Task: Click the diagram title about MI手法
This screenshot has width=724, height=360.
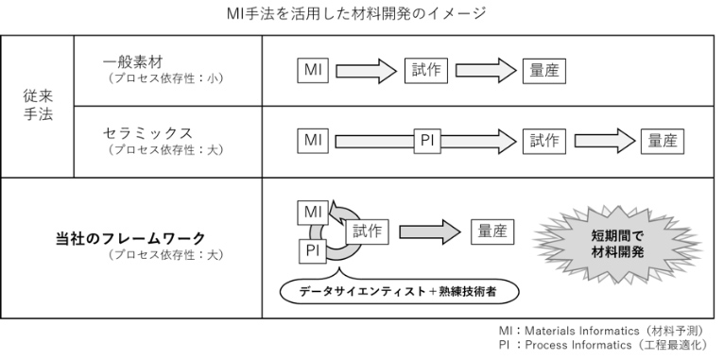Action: (x=356, y=13)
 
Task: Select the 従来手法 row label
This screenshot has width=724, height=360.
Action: (x=38, y=105)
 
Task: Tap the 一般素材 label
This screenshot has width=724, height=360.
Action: (x=132, y=61)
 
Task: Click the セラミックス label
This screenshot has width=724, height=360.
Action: (x=147, y=133)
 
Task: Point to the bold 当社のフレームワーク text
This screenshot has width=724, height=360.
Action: (x=130, y=239)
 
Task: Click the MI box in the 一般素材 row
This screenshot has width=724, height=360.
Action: (x=313, y=71)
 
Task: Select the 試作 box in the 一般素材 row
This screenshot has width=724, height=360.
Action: (x=426, y=71)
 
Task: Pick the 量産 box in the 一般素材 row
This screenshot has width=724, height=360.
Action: (x=543, y=71)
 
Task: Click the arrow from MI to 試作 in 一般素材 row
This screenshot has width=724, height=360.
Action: (x=366, y=71)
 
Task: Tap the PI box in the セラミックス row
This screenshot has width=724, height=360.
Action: (x=427, y=141)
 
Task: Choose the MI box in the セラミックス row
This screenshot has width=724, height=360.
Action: (x=313, y=141)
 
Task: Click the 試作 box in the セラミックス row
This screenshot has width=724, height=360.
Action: (x=544, y=141)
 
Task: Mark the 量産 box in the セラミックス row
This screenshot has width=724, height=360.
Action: (x=663, y=141)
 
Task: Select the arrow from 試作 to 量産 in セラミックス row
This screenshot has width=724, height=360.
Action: (x=605, y=141)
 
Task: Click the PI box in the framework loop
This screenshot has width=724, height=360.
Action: (x=313, y=251)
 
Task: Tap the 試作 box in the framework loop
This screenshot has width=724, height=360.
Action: (x=367, y=231)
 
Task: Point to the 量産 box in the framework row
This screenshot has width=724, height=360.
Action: (x=492, y=231)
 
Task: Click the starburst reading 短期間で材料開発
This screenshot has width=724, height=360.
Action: (x=617, y=245)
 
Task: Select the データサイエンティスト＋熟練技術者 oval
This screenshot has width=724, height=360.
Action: (x=400, y=292)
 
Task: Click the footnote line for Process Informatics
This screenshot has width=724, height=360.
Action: (x=603, y=345)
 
